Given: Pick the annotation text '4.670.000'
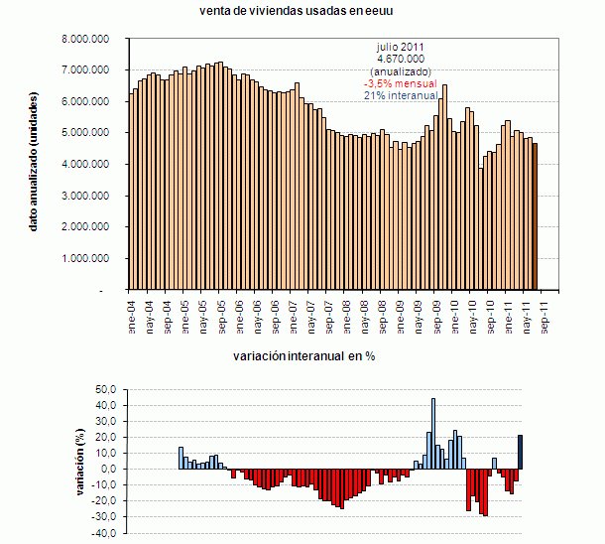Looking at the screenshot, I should tap(401, 60).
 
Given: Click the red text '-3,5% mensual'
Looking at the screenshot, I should tap(401, 84).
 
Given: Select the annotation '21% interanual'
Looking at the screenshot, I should tap(401, 96).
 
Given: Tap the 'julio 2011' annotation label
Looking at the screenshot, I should tap(401, 47).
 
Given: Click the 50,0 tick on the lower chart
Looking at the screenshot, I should tap(106, 390).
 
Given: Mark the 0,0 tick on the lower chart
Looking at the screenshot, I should tap(108, 470).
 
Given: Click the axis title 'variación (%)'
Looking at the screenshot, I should tap(80, 462).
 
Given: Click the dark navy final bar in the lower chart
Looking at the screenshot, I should tap(520, 452).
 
